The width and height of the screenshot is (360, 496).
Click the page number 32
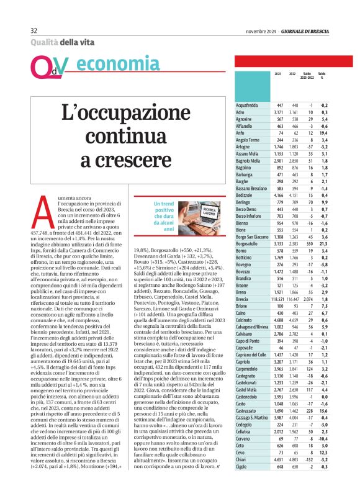point(34,30)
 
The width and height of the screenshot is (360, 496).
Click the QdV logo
point(47,65)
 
